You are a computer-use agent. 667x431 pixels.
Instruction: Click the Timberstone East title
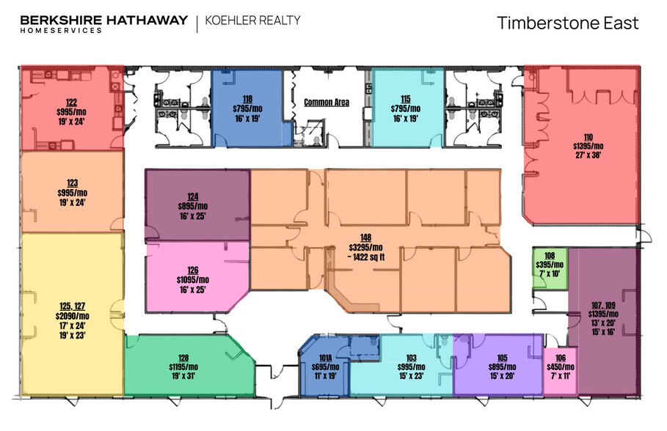point(567,23)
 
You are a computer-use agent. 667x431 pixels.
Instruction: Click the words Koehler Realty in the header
point(254,21)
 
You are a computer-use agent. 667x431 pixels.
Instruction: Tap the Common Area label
point(327,103)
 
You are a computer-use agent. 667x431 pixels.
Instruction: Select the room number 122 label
point(71,103)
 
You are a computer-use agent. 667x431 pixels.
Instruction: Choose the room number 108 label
point(550,257)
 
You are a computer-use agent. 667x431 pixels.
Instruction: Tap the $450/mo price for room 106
point(561,367)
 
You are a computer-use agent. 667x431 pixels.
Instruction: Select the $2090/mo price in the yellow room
point(71,316)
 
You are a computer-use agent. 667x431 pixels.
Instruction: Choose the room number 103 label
point(411,358)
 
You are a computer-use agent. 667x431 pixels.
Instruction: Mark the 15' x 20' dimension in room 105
point(503,376)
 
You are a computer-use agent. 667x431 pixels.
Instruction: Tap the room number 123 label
point(71,183)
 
